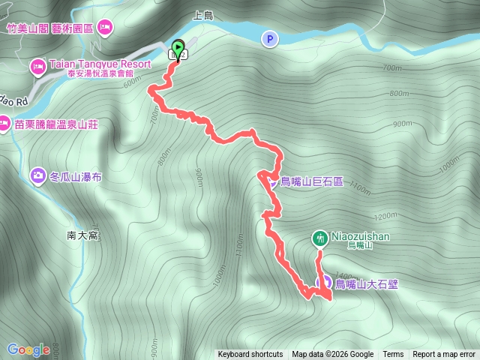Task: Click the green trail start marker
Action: pos(178,46)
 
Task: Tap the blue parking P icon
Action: pos(268,38)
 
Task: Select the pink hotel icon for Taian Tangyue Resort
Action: pos(37,68)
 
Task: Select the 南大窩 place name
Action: pos(83,235)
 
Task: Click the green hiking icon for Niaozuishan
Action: pos(319,238)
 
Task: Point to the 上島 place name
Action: pos(204,14)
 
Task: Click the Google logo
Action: pos(28,349)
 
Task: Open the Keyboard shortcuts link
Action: pos(250,355)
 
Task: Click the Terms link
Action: pos(393,355)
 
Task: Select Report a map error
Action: pos(445,355)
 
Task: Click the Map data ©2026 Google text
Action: pos(333,355)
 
